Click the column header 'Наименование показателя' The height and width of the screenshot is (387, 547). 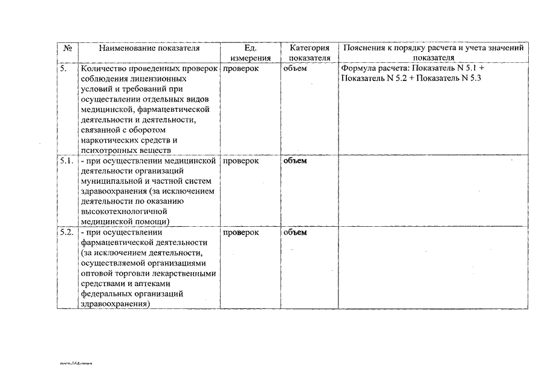[149, 48]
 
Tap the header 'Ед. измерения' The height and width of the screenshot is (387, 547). [250, 53]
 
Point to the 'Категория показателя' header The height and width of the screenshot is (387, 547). [309, 53]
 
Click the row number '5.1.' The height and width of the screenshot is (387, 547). [67, 161]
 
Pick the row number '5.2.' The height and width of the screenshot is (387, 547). [67, 232]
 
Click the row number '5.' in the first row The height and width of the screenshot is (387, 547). [63, 69]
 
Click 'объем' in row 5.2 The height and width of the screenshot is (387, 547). [295, 232]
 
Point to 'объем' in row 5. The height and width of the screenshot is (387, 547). [295, 69]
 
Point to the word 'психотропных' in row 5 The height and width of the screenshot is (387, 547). [105, 151]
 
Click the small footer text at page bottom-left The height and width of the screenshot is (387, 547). [76, 364]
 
